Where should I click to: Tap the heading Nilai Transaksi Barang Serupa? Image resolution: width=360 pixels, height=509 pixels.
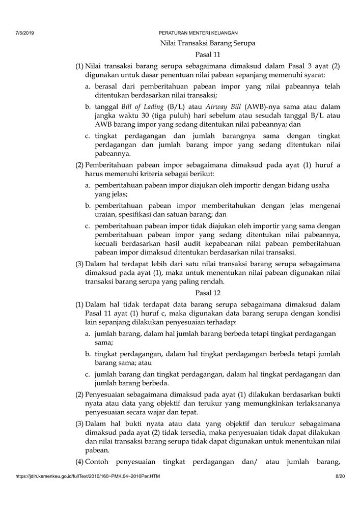[207, 44]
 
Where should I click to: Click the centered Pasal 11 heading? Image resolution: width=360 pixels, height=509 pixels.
[207, 55]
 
